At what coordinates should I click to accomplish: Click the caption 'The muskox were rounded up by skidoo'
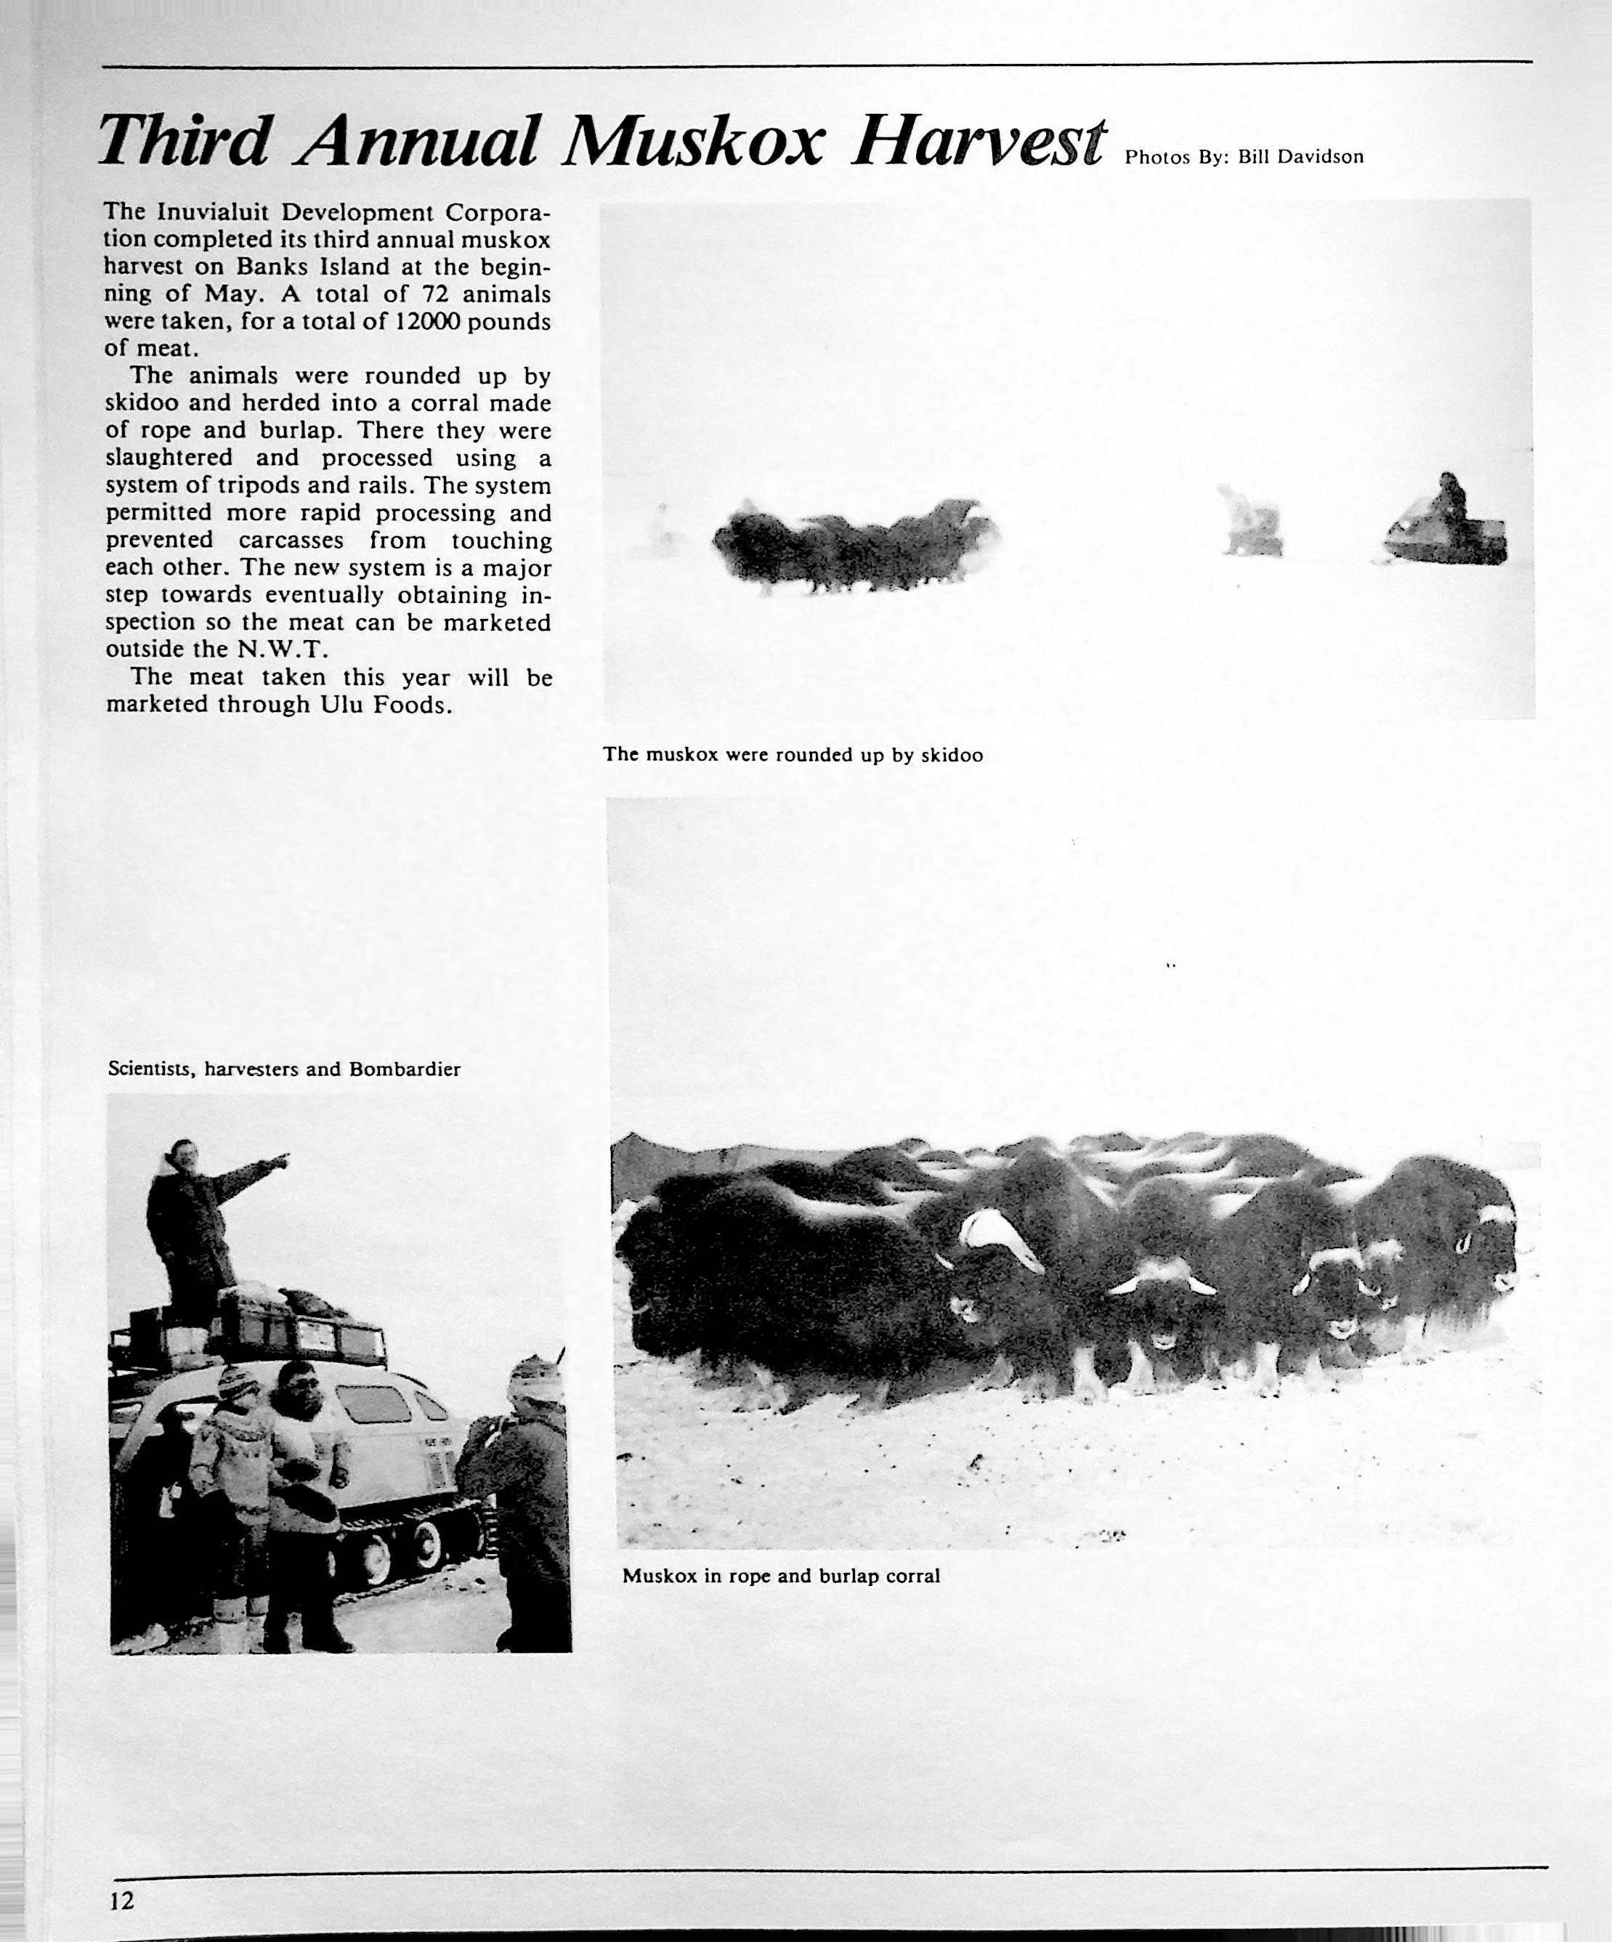[793, 755]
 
